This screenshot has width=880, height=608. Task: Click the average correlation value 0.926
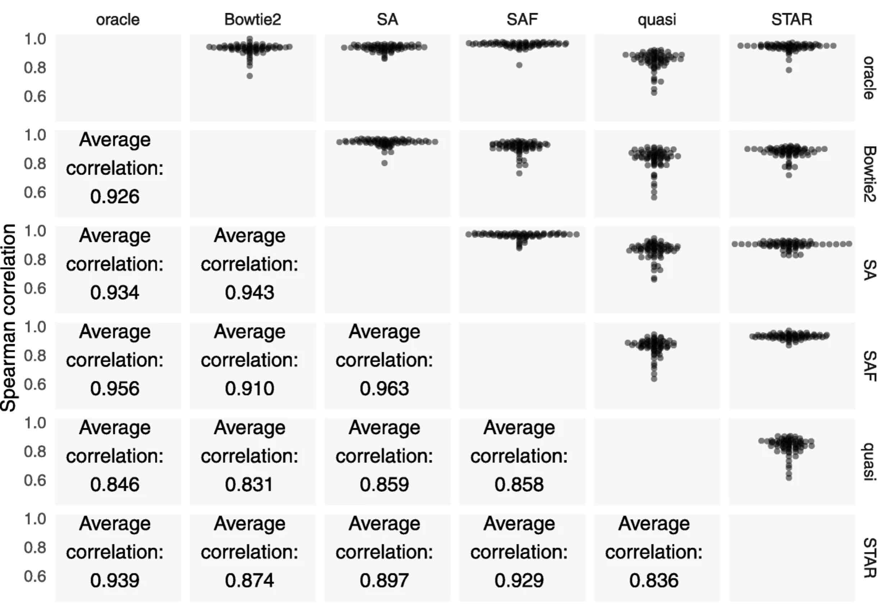click(115, 197)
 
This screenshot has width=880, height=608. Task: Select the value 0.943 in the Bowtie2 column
click(249, 293)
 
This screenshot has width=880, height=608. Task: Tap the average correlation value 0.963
click(384, 388)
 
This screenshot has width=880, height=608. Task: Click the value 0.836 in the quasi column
click(654, 581)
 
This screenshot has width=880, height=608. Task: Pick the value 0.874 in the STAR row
click(249, 581)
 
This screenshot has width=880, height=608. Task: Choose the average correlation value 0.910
click(249, 388)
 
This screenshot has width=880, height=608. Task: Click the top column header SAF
click(522, 19)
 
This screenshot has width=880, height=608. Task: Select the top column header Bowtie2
click(252, 19)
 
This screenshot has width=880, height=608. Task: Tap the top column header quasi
click(657, 19)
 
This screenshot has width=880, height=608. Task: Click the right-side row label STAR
click(869, 558)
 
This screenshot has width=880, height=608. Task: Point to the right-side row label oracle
click(869, 78)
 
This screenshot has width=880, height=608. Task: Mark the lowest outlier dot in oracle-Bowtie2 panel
click(249, 76)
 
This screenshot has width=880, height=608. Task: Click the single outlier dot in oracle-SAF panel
click(519, 65)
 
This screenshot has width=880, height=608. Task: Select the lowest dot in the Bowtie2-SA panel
click(385, 163)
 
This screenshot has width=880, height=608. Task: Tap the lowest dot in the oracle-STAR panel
click(789, 70)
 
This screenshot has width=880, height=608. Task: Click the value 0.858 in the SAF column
click(519, 485)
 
